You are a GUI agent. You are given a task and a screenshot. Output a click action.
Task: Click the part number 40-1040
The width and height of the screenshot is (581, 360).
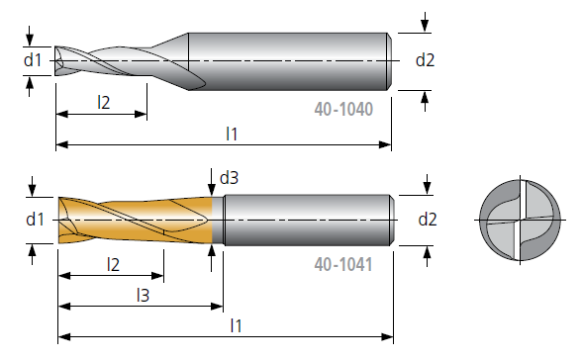[343, 109]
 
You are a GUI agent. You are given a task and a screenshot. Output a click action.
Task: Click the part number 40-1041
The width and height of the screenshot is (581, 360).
[343, 265]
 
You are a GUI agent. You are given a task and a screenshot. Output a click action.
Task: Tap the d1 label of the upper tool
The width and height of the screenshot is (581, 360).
[33, 60]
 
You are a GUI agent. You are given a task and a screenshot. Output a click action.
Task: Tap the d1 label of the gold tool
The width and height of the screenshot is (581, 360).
[36, 220]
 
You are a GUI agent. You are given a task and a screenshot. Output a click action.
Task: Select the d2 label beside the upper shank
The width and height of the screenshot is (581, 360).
[425, 60]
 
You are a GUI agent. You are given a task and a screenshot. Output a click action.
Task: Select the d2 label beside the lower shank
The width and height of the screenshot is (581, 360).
[428, 220]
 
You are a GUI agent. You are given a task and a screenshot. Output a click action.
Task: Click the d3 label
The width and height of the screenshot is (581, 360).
[229, 178]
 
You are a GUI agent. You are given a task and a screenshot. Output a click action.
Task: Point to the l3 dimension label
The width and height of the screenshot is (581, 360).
[144, 295]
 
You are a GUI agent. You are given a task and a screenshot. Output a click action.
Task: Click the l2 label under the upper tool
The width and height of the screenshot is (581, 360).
[104, 102]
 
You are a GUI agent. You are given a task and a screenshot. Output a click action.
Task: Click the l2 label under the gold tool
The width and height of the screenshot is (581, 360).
[114, 265]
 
